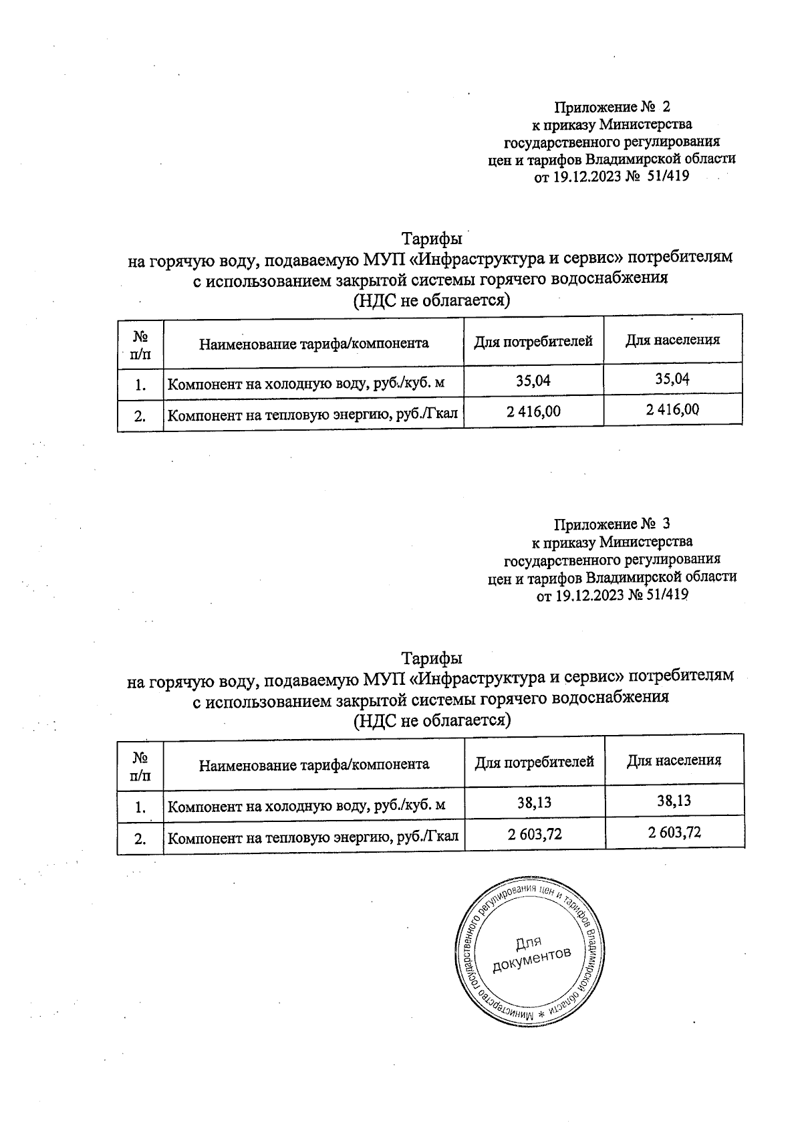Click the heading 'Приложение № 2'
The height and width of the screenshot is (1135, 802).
(x=612, y=107)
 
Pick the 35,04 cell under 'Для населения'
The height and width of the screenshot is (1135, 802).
(x=672, y=379)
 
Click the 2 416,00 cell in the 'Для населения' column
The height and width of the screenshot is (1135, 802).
(x=672, y=409)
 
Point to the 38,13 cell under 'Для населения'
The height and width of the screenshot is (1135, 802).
(x=674, y=800)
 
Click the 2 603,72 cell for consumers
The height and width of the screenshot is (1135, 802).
(x=534, y=833)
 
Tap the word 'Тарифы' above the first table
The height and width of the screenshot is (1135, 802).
(x=432, y=239)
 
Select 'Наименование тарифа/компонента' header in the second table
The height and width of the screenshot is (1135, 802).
(x=314, y=764)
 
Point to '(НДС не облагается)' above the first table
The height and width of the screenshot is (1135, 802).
(x=431, y=301)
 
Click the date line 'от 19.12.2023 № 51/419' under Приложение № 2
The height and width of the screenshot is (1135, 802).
(x=611, y=177)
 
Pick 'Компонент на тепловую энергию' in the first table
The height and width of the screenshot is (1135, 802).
(x=312, y=415)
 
